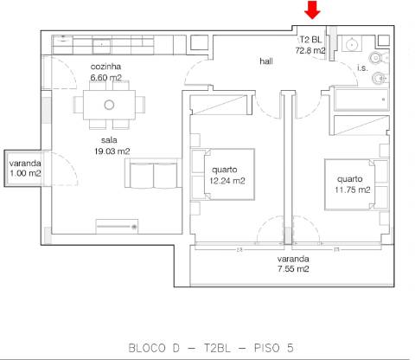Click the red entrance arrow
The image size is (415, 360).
313,10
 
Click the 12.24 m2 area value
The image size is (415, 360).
227,181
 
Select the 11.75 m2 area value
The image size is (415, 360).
352,190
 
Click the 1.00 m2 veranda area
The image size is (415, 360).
26,173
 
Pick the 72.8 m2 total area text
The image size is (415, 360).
310,51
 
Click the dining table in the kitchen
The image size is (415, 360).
109,105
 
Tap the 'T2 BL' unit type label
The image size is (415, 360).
310,40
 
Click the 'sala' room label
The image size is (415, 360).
108,139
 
